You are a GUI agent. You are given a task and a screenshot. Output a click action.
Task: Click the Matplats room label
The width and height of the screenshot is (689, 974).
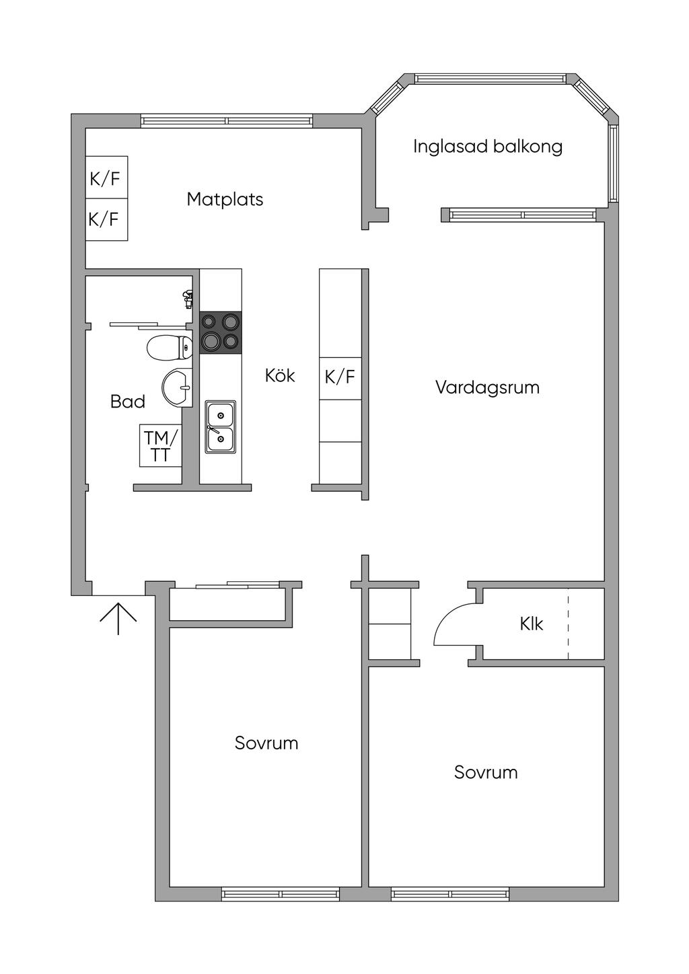225,199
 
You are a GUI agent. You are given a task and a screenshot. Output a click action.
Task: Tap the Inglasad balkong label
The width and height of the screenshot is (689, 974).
487,147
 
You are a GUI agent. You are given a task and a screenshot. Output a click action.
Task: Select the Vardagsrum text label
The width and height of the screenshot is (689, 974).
487,387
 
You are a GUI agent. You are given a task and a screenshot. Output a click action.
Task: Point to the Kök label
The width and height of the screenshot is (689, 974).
280,375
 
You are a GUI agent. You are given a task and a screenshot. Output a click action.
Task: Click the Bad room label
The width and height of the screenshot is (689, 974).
128,402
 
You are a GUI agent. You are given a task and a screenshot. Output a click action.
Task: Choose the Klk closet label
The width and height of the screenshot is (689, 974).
531,624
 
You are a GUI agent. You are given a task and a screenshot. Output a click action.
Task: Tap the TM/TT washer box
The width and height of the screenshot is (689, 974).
161,446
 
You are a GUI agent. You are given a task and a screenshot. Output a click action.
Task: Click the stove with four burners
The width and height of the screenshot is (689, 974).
221,332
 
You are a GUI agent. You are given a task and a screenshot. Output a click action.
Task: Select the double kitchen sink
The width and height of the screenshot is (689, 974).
221,426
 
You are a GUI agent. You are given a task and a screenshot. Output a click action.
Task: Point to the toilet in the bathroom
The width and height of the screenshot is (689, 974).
168,347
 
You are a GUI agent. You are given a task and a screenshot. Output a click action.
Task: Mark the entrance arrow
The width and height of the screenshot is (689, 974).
118,617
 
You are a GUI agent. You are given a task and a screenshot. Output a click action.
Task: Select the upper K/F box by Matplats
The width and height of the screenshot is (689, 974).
106,178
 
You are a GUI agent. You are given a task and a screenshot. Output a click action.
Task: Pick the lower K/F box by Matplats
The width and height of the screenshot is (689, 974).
106,219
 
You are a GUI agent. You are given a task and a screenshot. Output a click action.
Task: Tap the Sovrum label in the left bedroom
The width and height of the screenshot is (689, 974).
266,743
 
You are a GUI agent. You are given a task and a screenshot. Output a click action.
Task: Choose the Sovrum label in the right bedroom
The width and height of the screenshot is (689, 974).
486,772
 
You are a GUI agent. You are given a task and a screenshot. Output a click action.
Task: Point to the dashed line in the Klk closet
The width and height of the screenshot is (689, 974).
568,624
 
